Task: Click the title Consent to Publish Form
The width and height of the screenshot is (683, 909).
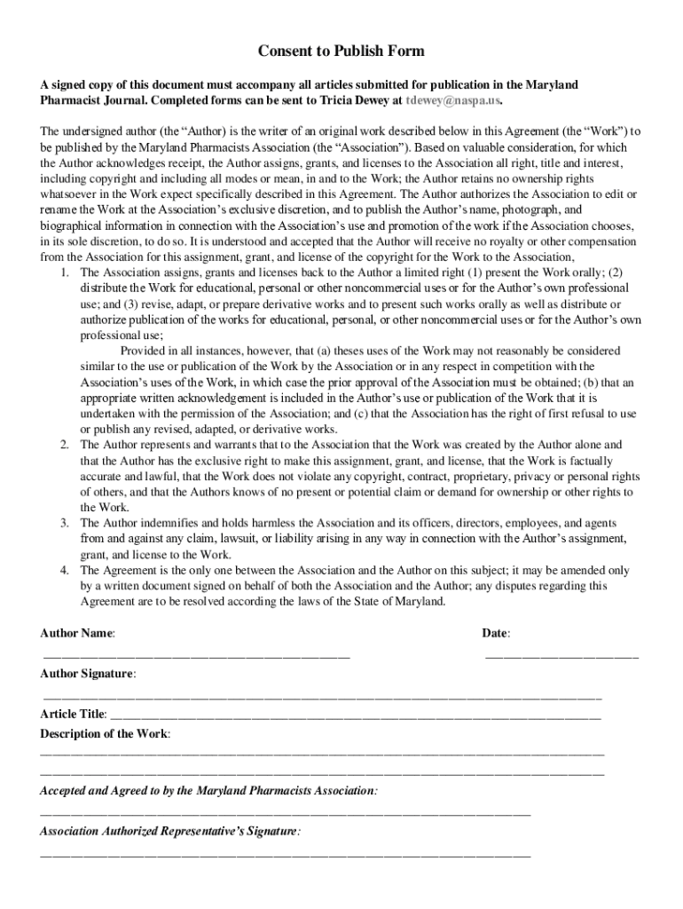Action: coord(341,51)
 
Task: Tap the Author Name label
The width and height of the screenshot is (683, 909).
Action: coord(77,634)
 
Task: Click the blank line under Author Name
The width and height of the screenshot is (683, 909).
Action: coord(196,657)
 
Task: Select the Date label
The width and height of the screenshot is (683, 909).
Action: coord(495,634)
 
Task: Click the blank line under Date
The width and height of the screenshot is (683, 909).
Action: coord(561,657)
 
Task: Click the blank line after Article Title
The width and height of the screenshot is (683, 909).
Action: coord(355,715)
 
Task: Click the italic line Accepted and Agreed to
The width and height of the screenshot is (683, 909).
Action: coord(208,790)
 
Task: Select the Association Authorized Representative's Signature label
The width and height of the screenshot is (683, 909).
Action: coord(169,832)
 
